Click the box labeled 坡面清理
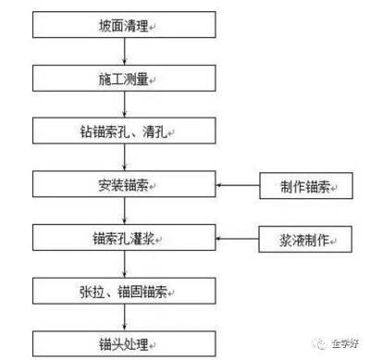click(124, 25)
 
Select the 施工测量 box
click(124, 79)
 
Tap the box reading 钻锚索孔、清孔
click(124, 131)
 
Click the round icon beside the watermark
click(320, 340)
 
